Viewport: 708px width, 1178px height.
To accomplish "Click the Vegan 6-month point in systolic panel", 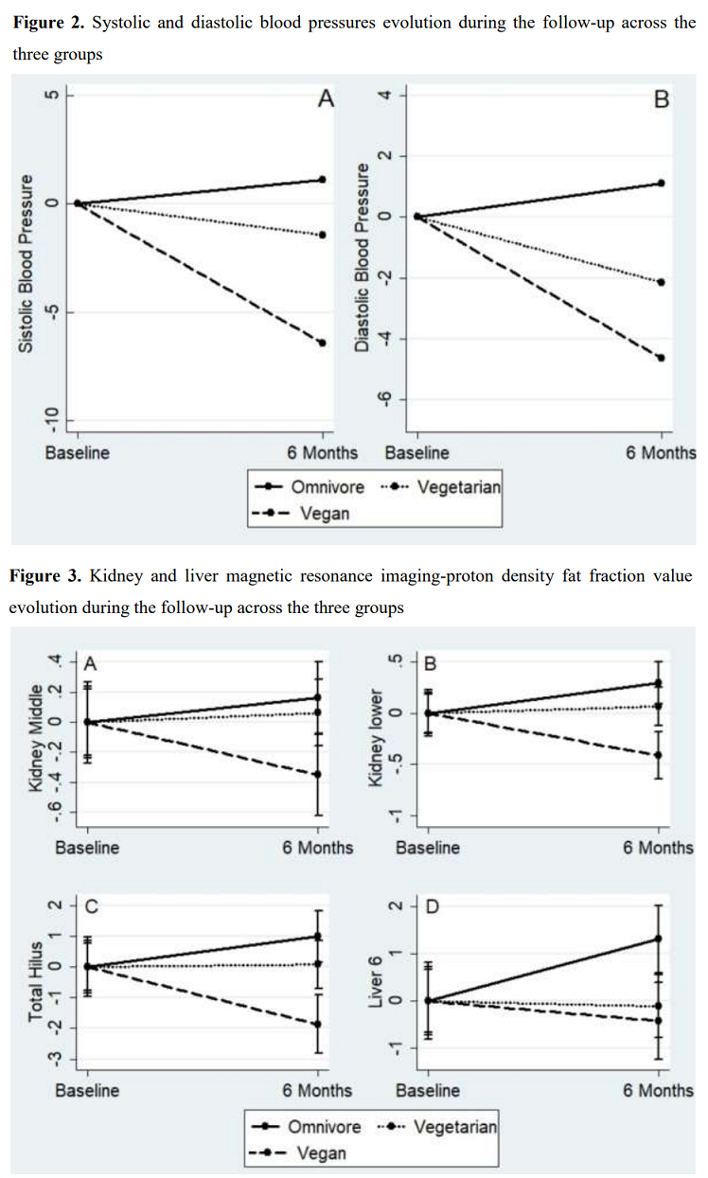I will pos(323,343).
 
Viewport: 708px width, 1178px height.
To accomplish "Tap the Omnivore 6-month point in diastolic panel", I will pos(661,184).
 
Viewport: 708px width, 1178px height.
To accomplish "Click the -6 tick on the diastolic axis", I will pos(386,399).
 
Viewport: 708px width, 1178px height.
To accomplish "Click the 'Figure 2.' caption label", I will pos(47,22).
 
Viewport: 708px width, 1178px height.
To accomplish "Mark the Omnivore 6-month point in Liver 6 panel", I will pos(659,939).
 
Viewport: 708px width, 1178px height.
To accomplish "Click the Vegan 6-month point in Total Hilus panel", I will pos(317,1024).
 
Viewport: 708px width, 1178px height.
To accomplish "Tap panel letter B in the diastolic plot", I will pos(662,99).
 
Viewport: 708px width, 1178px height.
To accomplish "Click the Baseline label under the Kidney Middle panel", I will pos(87,848).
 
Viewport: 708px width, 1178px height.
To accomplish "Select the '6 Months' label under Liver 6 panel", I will pos(658,1090).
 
